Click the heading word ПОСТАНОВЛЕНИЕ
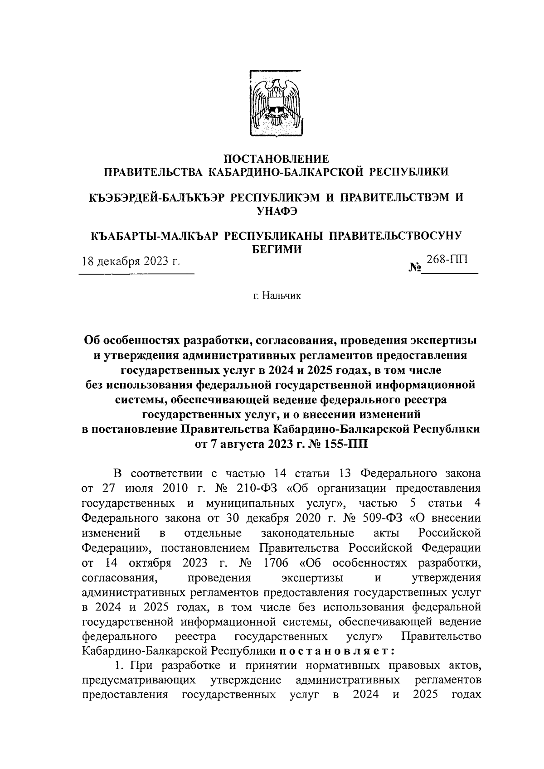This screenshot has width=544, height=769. click(x=277, y=159)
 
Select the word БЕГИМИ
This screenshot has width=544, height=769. click(x=277, y=249)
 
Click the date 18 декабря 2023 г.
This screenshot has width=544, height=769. click(x=131, y=261)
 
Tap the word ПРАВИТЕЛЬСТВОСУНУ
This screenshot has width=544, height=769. click(x=394, y=236)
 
